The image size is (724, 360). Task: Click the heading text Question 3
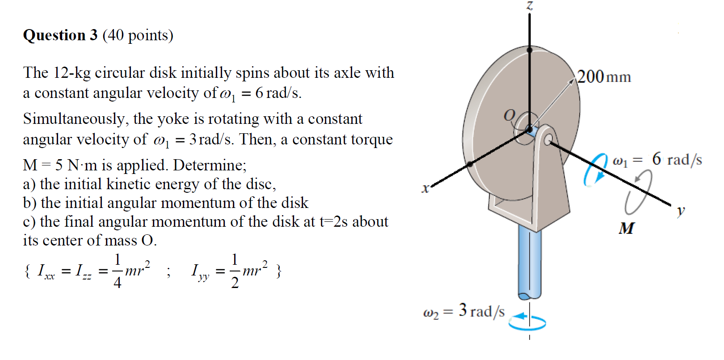coord(60,35)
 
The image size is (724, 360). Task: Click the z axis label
coord(530,6)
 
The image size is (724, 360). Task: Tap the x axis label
coord(425,188)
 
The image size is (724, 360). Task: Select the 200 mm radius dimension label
coord(604,76)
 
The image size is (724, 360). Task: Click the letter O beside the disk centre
coord(509,115)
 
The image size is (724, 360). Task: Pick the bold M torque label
coord(626,229)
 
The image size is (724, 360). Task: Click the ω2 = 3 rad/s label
coord(463,311)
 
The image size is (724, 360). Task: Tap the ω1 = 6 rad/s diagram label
coord(657,159)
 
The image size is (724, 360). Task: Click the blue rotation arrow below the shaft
coord(527,322)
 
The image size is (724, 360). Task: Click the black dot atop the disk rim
coord(530,50)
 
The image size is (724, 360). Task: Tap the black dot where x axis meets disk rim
coord(470,164)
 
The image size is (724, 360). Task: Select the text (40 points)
coord(138,35)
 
